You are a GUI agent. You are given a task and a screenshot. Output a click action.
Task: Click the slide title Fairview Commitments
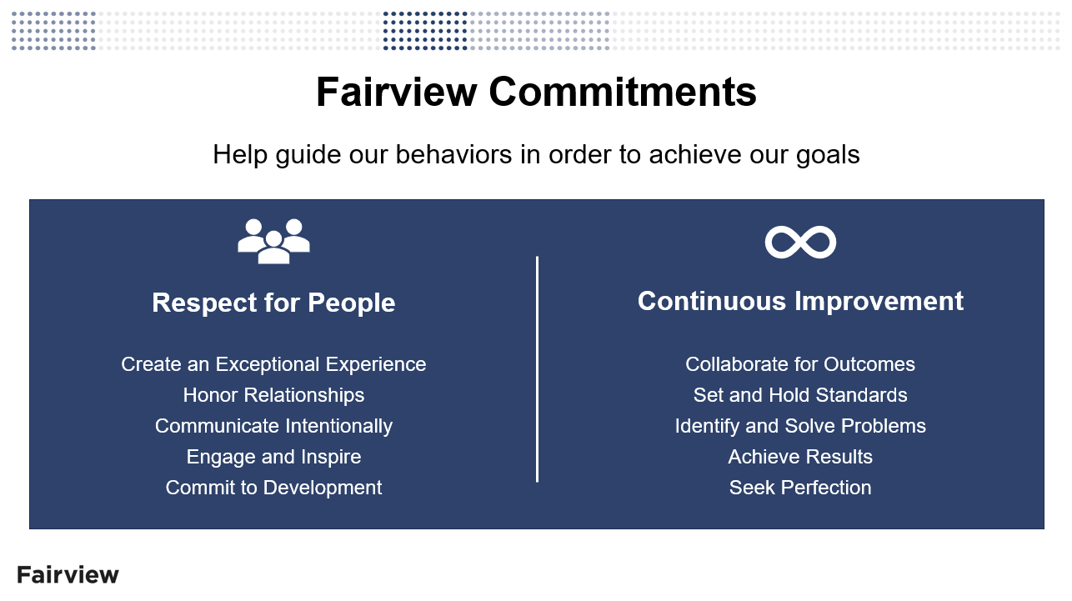pyautogui.click(x=536, y=92)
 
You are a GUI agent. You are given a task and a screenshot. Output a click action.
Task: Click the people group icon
pyautogui.click(x=273, y=242)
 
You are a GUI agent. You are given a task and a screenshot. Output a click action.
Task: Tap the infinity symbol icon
pyautogui.click(x=800, y=242)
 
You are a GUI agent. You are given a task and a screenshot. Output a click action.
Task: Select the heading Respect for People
pyautogui.click(x=273, y=303)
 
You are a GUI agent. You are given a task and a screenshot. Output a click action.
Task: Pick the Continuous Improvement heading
pyautogui.click(x=800, y=301)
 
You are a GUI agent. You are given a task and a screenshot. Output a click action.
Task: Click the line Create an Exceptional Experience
pyautogui.click(x=273, y=364)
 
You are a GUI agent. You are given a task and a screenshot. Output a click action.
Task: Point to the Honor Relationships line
pyautogui.click(x=273, y=395)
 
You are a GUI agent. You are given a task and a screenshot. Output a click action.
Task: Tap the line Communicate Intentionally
pyautogui.click(x=273, y=426)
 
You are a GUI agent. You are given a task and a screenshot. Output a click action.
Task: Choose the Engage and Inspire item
pyautogui.click(x=273, y=457)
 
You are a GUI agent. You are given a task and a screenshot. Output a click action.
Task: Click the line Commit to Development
pyautogui.click(x=273, y=488)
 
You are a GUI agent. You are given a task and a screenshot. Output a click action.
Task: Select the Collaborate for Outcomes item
pyautogui.click(x=800, y=364)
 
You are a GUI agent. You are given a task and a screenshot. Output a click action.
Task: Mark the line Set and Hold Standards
pyautogui.click(x=800, y=395)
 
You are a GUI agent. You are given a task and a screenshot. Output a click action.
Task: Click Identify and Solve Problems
pyautogui.click(x=800, y=426)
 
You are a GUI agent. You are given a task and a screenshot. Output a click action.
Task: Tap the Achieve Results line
pyautogui.click(x=800, y=457)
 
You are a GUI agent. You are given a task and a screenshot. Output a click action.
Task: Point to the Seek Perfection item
pyautogui.click(x=800, y=488)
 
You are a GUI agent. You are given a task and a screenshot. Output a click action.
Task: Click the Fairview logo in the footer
pyautogui.click(x=68, y=574)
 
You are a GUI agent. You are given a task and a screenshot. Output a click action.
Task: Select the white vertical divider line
pyautogui.click(x=537, y=368)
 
